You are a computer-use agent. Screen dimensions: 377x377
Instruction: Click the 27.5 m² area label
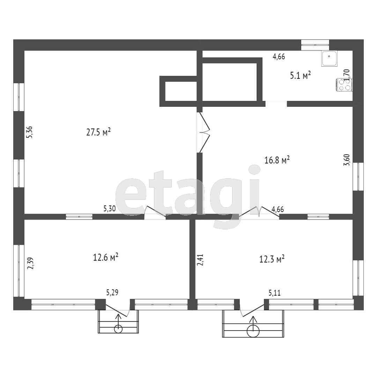98,132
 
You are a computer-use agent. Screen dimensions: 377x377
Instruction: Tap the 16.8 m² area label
277,160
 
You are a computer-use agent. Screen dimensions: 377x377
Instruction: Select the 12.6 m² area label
105,258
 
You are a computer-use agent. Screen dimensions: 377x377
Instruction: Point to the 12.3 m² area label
272,259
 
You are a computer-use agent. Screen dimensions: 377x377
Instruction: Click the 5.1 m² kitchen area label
300,75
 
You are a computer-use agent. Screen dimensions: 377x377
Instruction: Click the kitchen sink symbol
329,58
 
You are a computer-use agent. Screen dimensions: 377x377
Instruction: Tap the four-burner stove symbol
344,85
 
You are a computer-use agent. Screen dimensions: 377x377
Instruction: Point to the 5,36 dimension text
30,132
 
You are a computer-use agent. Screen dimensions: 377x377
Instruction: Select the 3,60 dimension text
347,160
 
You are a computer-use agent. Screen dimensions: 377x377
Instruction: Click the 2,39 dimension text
30,263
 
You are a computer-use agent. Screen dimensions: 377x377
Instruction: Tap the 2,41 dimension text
200,260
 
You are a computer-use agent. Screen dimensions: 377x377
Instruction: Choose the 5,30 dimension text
110,208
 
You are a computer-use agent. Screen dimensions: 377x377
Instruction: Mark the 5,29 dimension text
112,293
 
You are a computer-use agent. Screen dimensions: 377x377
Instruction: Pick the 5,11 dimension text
275,293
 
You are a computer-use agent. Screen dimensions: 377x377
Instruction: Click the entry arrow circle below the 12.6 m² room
118,328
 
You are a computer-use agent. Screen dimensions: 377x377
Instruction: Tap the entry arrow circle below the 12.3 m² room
253,331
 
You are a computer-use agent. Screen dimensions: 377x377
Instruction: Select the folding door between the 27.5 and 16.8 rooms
204,133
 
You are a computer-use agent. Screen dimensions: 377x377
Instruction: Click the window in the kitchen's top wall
315,45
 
